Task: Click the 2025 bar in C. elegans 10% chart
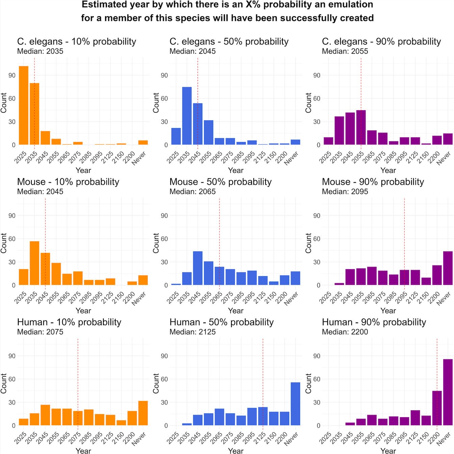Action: point(24,105)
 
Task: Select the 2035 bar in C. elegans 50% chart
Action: point(187,116)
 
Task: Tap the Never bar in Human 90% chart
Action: point(448,392)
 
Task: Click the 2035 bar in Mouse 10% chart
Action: point(34,263)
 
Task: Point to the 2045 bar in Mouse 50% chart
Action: point(198,268)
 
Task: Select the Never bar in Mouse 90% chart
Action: point(448,268)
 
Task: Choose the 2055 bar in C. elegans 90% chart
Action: point(361,127)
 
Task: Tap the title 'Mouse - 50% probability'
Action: point(220,182)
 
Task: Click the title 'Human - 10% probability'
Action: point(69,322)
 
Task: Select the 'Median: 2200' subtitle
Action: point(345,332)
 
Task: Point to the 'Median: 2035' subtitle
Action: point(40,51)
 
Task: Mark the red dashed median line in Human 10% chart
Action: point(78,372)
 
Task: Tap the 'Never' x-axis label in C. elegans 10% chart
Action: point(139,158)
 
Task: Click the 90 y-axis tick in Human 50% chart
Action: point(164,356)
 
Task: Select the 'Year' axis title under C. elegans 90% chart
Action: point(388,170)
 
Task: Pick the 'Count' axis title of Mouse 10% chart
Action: point(4,243)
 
